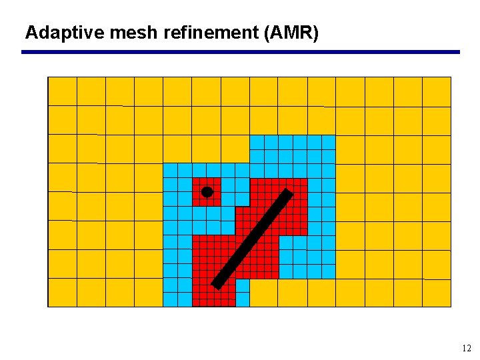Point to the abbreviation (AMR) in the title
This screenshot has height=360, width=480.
tap(291, 33)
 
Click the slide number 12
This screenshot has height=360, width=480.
tap(466, 348)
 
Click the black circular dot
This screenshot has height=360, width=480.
tap(207, 192)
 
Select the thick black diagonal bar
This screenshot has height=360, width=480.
tap(252, 239)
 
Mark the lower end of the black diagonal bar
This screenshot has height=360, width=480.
tap(216, 285)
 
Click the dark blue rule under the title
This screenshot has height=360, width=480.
tap(240, 52)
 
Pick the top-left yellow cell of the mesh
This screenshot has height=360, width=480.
tap(63, 91)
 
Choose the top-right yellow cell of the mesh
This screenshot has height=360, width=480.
tap(437, 91)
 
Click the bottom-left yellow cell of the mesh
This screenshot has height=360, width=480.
tap(63, 293)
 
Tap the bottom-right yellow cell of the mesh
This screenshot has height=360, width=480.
tap(437, 293)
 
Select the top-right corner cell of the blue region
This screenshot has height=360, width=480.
tap(328, 142)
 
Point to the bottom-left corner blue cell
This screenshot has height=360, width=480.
tap(170, 299)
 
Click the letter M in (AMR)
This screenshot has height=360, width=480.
tap(291, 33)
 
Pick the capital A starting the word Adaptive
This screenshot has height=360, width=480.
tap(31, 33)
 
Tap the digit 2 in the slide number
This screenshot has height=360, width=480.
tap(469, 348)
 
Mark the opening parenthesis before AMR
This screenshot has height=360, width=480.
tap(268, 33)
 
